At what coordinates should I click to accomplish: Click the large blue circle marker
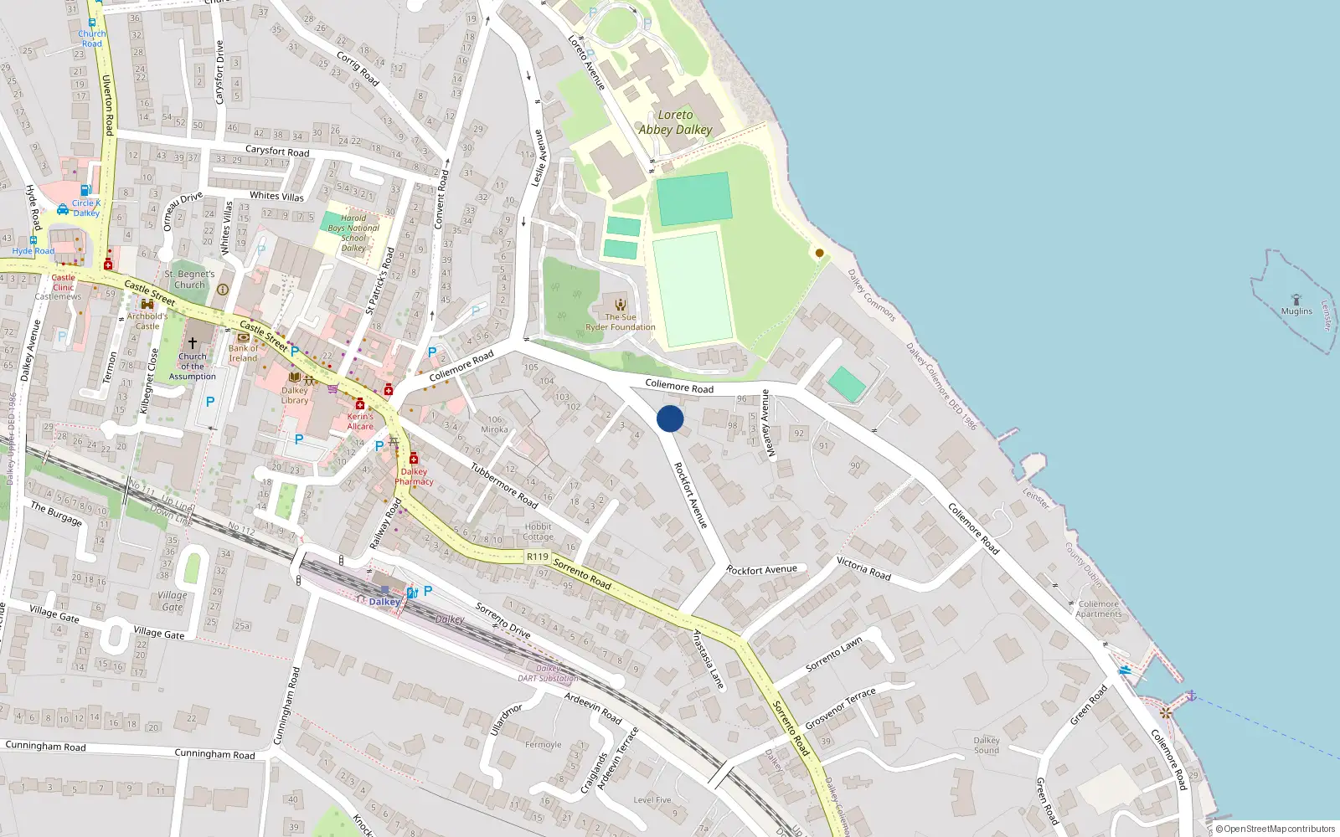[x=670, y=418]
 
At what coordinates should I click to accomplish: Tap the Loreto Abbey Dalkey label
[x=675, y=122]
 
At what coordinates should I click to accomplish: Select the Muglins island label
[x=1296, y=311]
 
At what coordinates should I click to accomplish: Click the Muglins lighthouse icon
[x=1296, y=299]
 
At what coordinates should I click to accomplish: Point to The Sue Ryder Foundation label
[x=621, y=322]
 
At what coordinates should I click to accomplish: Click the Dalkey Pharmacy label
[x=414, y=476]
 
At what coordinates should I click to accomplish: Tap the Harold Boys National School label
[x=353, y=233]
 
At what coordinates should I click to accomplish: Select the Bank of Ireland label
[x=243, y=353]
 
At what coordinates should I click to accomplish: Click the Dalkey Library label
[x=295, y=395]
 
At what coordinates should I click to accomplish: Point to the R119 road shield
[x=537, y=557]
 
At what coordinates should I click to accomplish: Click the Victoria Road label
[x=863, y=568]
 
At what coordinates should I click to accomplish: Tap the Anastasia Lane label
[x=708, y=660]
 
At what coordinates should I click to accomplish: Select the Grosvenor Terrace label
[x=840, y=708]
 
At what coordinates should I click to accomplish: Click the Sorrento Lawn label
[x=833, y=655]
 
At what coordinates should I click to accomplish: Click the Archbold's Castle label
[x=147, y=321]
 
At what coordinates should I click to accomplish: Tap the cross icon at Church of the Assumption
[x=192, y=343]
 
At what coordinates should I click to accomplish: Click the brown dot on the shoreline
[x=819, y=253]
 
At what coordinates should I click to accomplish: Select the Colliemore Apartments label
[x=1098, y=608]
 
